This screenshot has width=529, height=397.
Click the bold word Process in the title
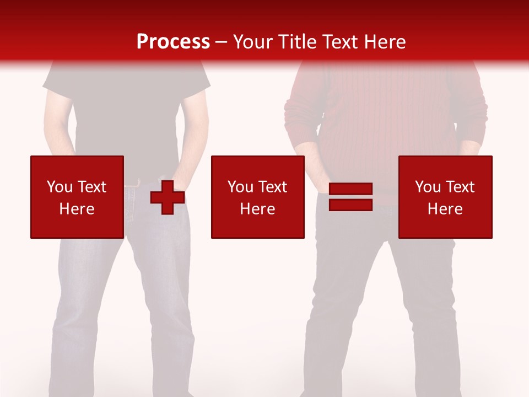click(173, 42)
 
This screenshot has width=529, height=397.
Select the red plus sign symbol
click(168, 197)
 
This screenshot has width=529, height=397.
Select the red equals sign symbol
click(351, 197)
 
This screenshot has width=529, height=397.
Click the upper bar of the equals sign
click(351, 190)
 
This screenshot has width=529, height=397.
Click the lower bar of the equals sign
click(351, 205)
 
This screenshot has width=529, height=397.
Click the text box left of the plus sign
click(77, 197)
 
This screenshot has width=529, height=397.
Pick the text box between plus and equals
click(257, 197)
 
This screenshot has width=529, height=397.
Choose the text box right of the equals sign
click(445, 197)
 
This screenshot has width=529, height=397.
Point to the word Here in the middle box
click(257, 209)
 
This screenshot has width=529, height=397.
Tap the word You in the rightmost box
click(428, 187)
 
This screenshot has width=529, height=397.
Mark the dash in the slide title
click(221, 42)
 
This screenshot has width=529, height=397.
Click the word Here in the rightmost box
click(445, 209)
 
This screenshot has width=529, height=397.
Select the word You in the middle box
click(240, 187)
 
